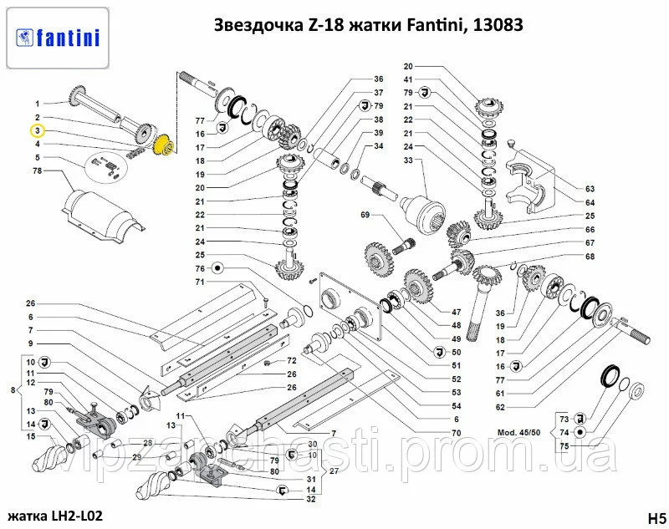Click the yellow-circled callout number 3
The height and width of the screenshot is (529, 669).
coord(38,130)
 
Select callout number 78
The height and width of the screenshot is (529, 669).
coord(38,171)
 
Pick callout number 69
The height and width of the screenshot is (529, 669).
coord(365,216)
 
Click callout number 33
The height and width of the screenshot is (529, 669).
coord(408,160)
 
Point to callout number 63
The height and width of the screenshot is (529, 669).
coord(590,189)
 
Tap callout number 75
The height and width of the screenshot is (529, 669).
coord(564,446)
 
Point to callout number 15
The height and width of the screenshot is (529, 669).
coord(30,435)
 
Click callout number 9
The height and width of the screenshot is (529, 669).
coord(30,343)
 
